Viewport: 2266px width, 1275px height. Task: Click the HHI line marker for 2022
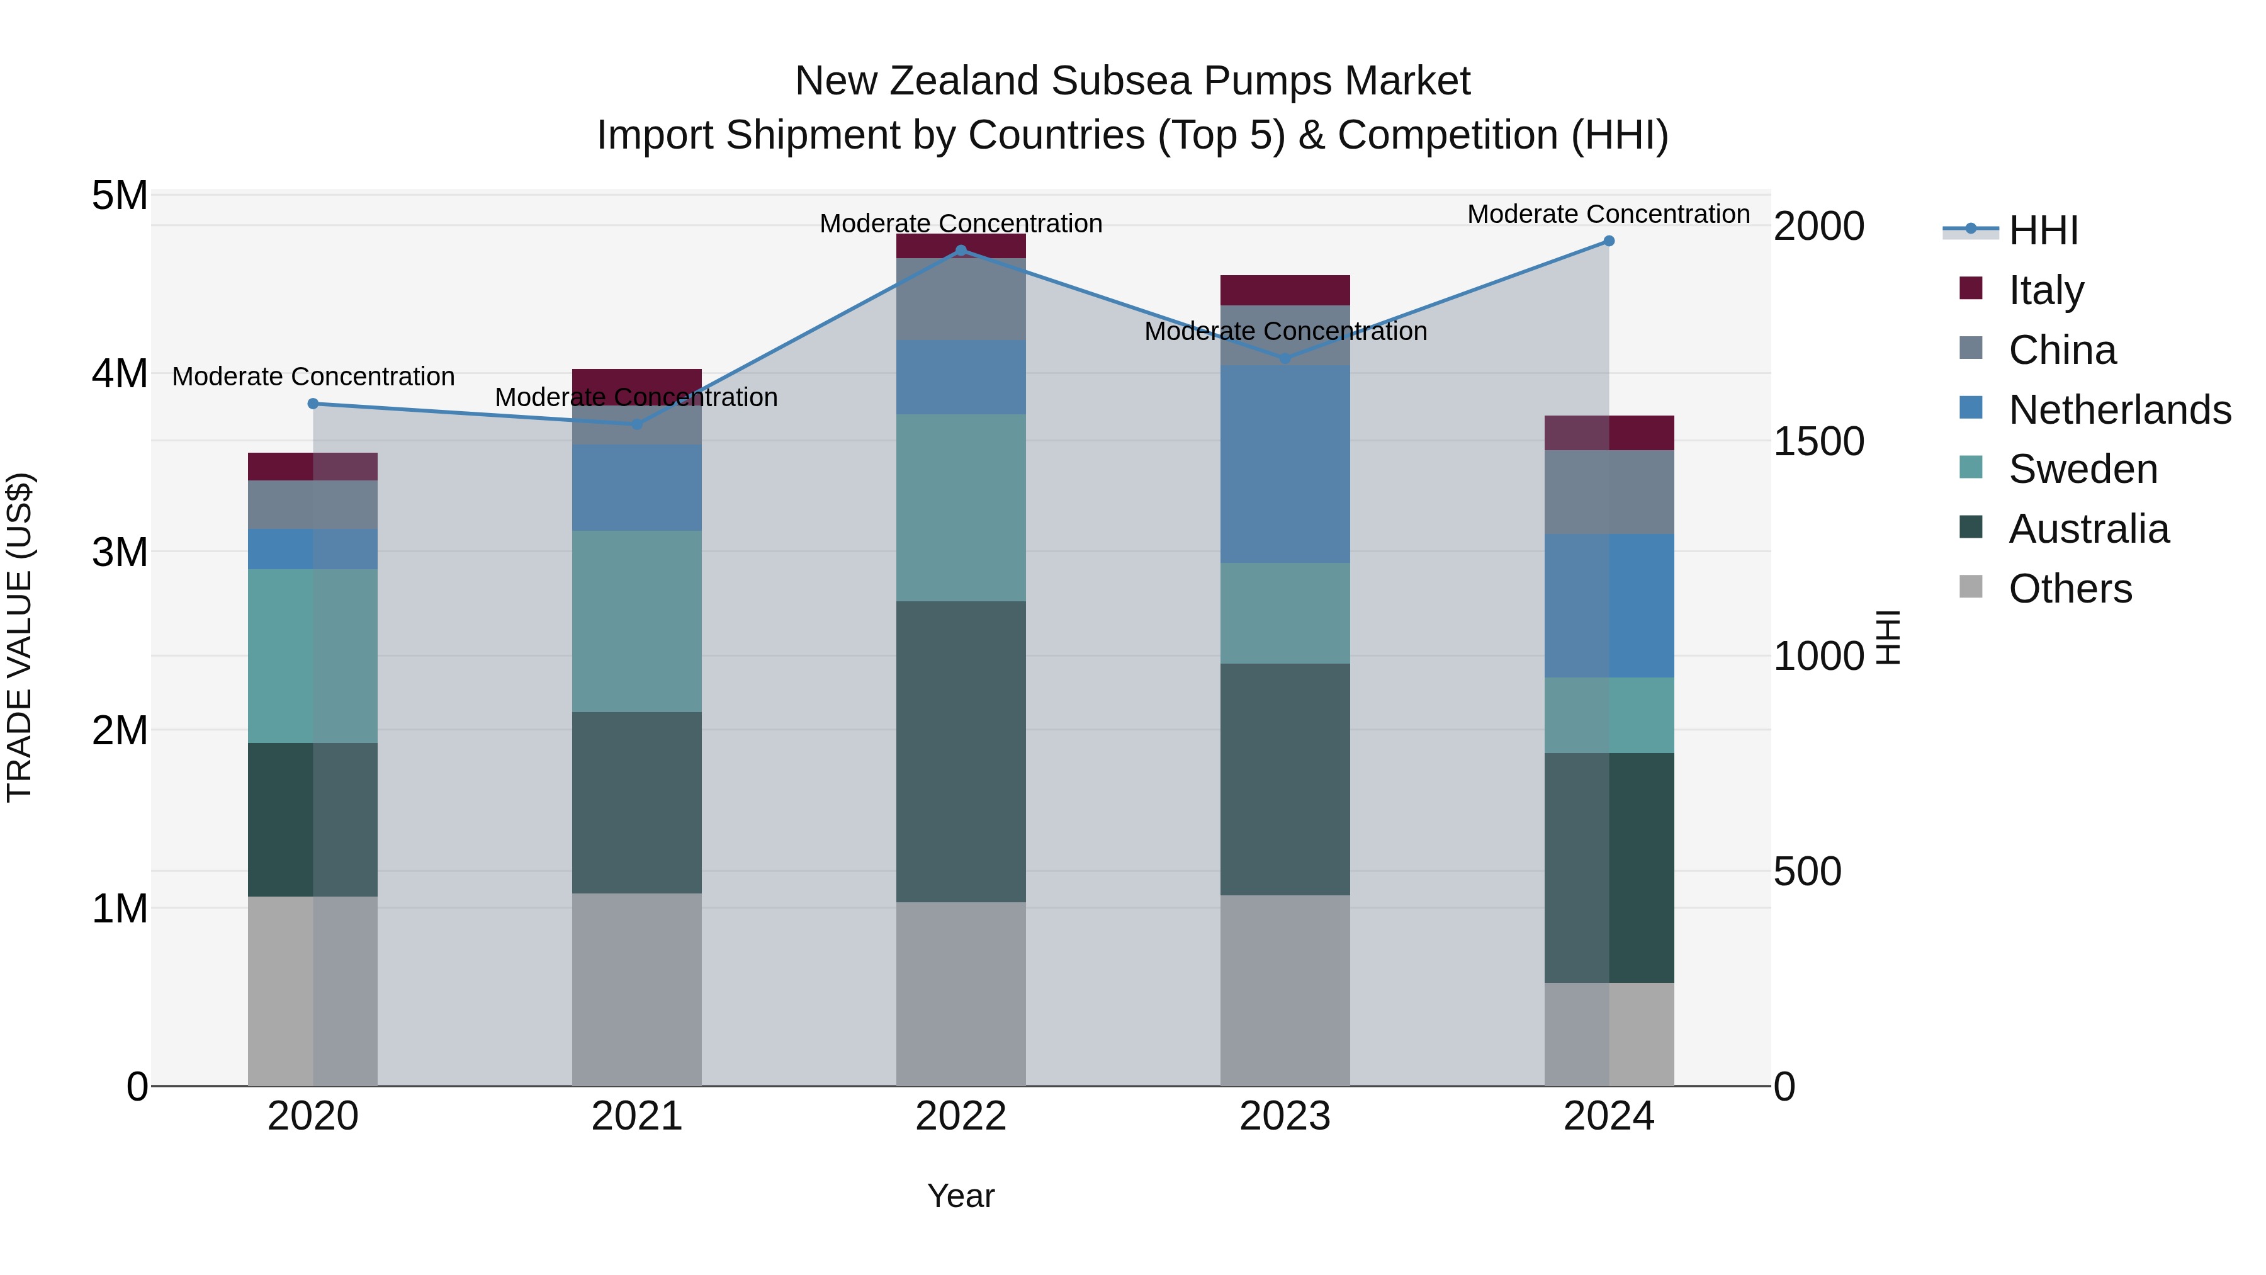[x=961, y=251]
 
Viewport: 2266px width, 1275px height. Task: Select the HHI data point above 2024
[x=1609, y=241]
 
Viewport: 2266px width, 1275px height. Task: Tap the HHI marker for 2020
[x=313, y=404]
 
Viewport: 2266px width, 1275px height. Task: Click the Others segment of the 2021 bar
[x=637, y=990]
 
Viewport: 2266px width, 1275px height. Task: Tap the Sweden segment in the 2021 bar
[x=637, y=621]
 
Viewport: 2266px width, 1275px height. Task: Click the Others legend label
[x=2070, y=589]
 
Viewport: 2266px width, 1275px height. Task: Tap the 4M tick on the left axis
[x=120, y=374]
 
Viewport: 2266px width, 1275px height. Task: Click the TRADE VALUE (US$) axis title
[x=20, y=638]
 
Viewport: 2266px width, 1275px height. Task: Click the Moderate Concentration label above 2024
[x=1608, y=215]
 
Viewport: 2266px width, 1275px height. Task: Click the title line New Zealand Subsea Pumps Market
[x=1132, y=81]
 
